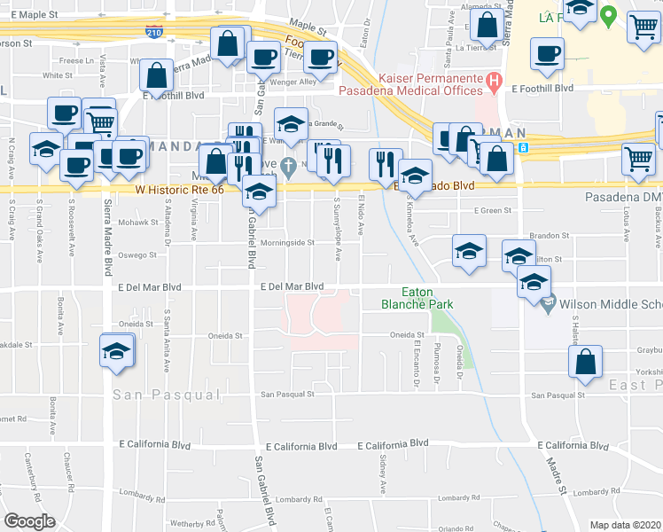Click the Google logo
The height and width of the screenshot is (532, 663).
(x=29, y=521)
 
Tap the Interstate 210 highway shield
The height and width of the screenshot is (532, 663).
(x=154, y=32)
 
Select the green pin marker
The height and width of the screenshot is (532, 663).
(x=608, y=15)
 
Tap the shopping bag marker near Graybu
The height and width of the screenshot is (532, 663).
(x=586, y=360)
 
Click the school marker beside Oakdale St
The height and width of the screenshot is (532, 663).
(x=117, y=350)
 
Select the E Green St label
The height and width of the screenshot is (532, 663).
(x=495, y=210)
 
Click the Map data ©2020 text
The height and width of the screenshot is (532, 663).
(x=624, y=524)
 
